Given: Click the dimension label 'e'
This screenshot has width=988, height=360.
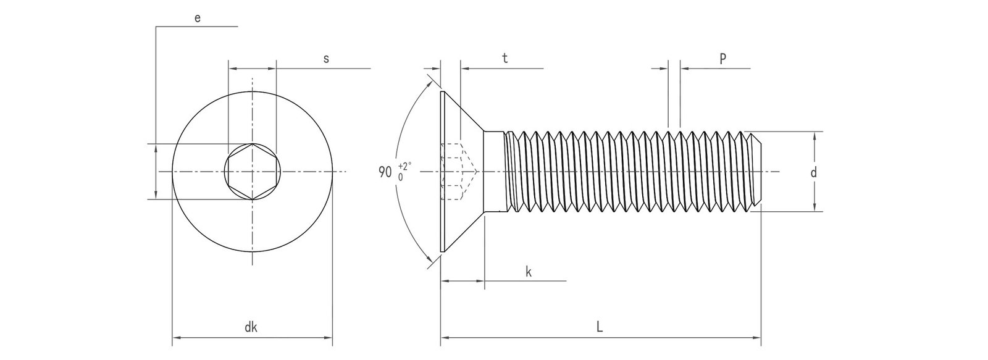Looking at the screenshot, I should [197, 18].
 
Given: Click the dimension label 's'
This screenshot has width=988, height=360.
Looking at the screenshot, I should [326, 59].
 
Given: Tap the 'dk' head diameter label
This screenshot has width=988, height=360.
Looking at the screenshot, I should [251, 328].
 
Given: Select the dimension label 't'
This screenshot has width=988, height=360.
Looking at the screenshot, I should [504, 59].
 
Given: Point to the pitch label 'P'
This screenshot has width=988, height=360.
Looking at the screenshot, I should [722, 59].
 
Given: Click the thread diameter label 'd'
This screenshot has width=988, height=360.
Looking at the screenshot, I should [813, 173].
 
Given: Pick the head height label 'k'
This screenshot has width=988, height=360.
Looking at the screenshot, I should [529, 271].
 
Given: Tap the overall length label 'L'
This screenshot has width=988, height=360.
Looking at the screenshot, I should [600, 328].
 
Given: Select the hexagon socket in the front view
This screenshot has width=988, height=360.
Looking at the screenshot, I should [253, 171].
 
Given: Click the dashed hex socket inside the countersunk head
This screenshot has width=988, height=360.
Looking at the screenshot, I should [457, 172].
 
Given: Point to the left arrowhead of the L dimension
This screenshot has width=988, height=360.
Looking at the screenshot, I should [444, 338].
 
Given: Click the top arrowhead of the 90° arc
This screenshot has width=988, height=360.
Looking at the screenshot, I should [431, 80].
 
